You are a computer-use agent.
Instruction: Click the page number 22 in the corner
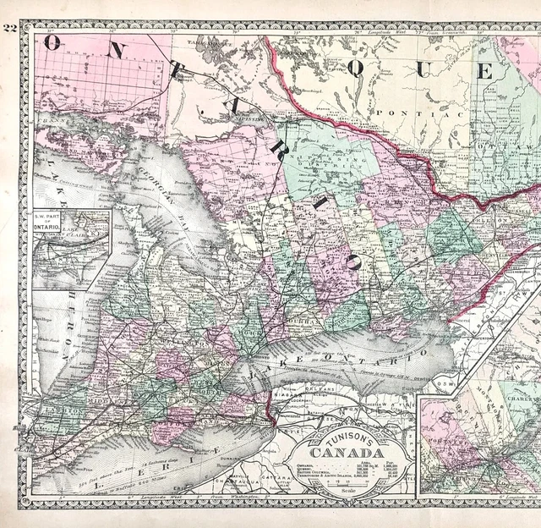click(10, 27)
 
